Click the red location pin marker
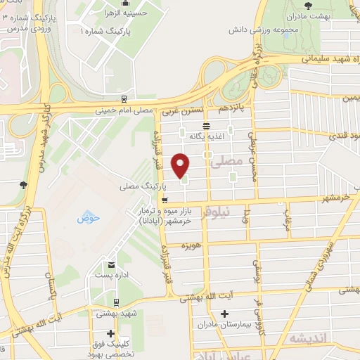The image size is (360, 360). click(x=181, y=165)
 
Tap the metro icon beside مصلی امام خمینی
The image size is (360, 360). click(x=124, y=99)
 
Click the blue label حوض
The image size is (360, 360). click(x=89, y=218)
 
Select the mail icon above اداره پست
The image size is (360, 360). click(x=111, y=264)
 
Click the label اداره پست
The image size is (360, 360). click(x=110, y=276)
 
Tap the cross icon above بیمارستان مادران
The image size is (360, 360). click(x=224, y=314)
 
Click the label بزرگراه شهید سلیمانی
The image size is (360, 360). click(x=309, y=60)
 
